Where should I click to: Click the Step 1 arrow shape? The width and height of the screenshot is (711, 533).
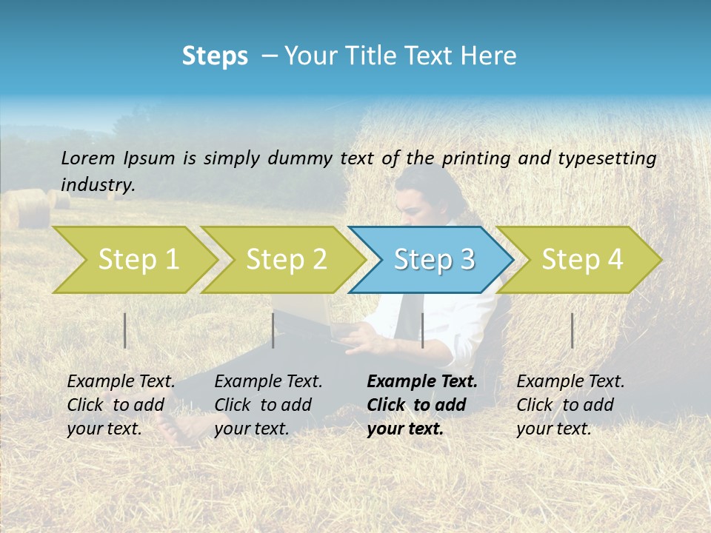tap(133, 260)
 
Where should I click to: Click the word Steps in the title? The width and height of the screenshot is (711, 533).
tap(215, 56)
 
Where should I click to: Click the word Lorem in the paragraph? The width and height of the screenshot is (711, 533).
tap(88, 158)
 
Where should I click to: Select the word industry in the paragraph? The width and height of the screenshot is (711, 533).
tap(98, 184)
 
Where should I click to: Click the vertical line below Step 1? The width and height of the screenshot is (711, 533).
tap(125, 330)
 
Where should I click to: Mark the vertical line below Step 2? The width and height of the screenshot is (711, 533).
tap(273, 330)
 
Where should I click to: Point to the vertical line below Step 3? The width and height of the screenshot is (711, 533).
tap(422, 330)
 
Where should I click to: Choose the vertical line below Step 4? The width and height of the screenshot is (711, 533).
tap(572, 330)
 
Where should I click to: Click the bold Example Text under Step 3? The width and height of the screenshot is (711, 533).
tap(422, 381)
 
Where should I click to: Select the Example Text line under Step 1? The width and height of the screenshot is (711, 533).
tap(121, 381)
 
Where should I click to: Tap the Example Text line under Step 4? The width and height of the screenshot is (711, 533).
tap(570, 381)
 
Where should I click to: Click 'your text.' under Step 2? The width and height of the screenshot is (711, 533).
tap(251, 429)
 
